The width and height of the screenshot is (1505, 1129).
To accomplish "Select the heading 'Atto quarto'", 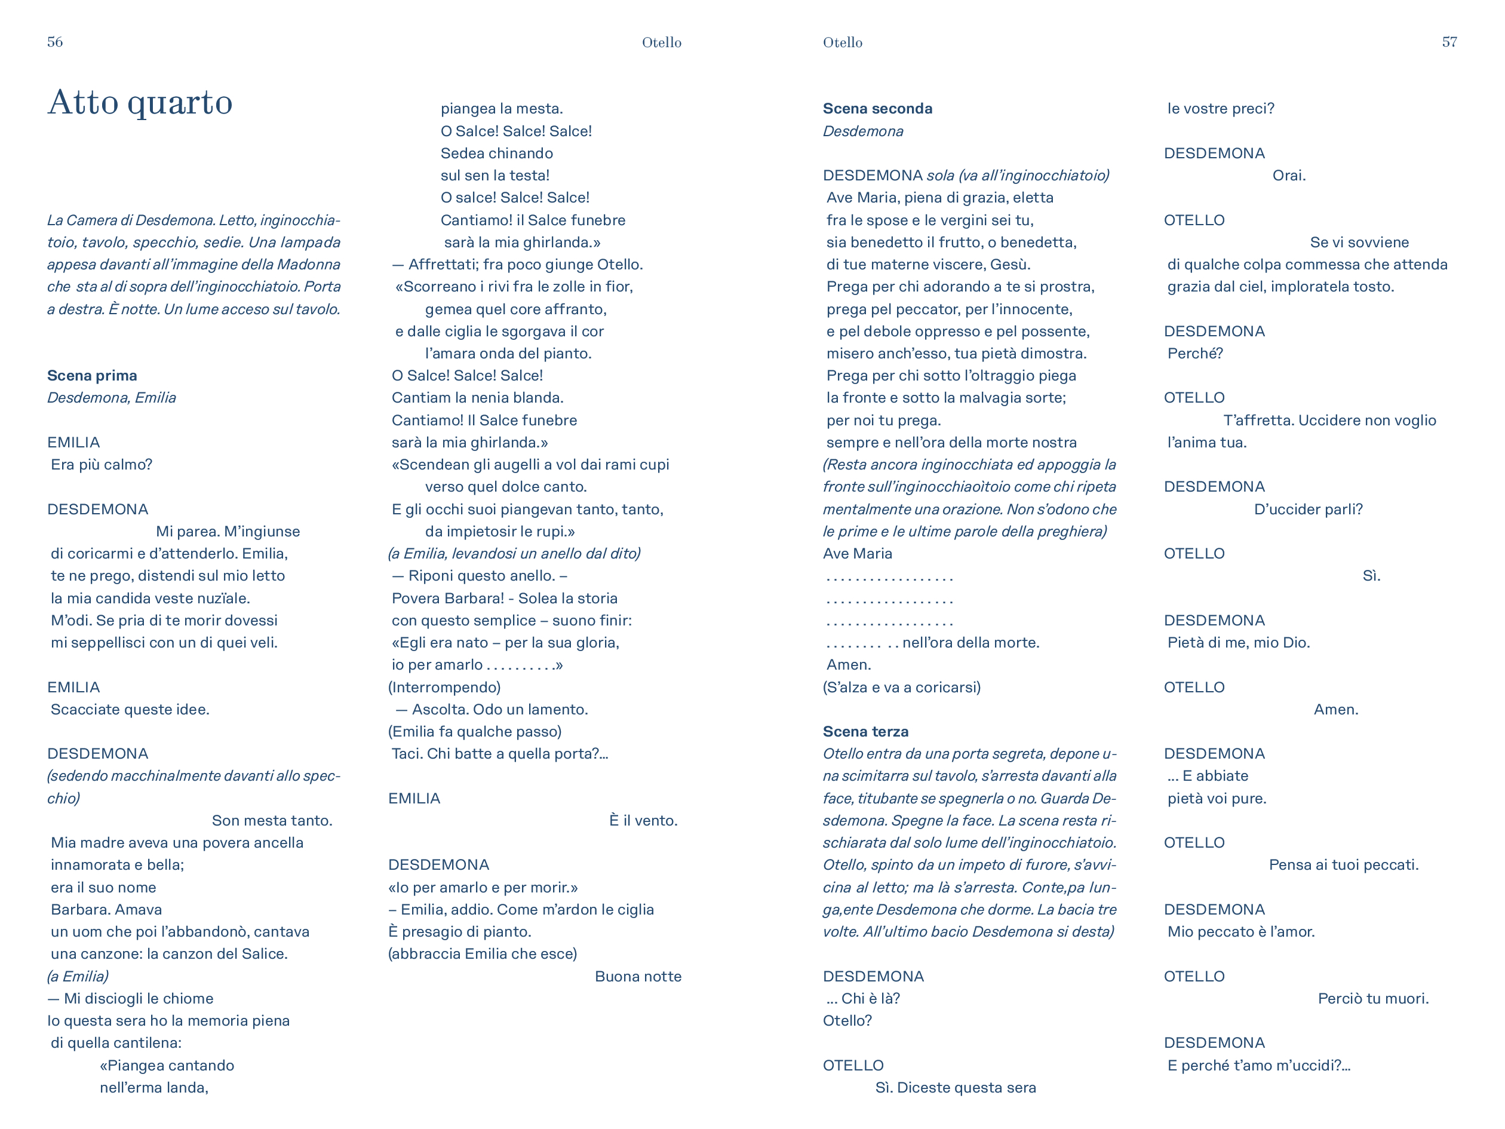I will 140,102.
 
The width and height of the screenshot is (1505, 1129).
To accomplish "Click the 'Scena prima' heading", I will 92,376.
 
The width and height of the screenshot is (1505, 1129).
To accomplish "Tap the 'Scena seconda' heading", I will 877,108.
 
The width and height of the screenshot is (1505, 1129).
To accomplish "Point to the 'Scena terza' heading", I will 865,732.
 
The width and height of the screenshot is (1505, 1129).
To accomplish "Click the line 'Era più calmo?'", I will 102,465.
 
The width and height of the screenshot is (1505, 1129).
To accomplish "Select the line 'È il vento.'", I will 643,821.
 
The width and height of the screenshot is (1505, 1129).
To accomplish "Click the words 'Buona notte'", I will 637,977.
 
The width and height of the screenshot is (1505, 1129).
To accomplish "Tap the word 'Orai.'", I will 1289,176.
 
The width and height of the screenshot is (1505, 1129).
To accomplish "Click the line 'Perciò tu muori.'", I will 1373,999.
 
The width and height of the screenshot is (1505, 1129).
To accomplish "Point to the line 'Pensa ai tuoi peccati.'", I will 1343,865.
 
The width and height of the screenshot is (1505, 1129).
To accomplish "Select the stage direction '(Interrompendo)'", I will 444,688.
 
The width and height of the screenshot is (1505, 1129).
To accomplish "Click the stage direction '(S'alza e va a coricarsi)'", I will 901,688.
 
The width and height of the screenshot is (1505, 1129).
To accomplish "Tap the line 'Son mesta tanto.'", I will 272,821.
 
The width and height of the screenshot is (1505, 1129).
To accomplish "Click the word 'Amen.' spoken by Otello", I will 1335,710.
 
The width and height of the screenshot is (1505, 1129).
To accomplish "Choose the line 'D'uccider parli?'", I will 1308,510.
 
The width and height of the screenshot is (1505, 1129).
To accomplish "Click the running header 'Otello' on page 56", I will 661,42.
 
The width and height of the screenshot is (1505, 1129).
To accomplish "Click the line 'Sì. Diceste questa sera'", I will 955,1088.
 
